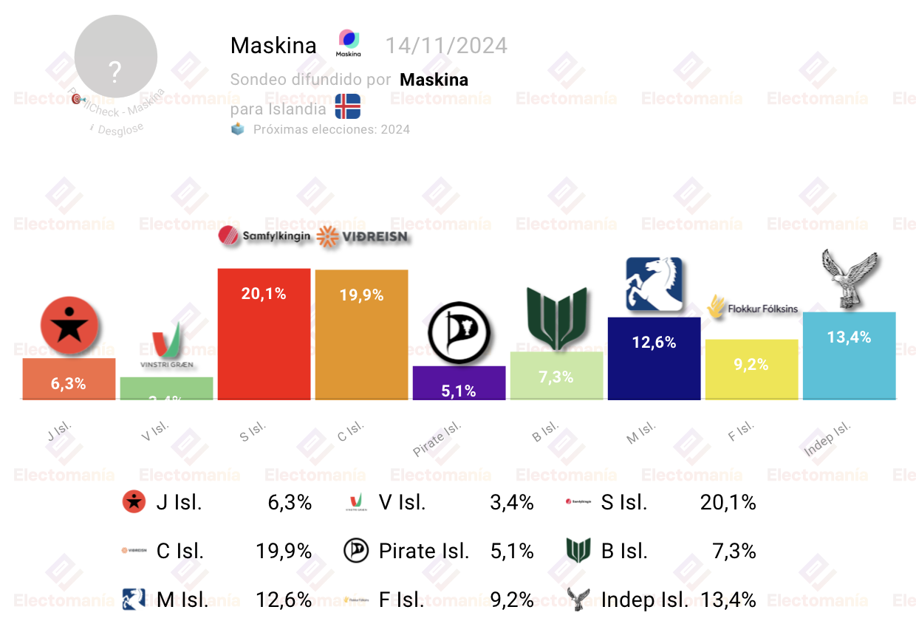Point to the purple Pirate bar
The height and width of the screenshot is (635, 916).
(x=459, y=383)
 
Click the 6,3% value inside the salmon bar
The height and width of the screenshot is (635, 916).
(x=69, y=383)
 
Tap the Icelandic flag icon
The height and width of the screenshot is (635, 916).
(x=347, y=106)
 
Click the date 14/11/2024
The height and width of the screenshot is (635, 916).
(x=446, y=46)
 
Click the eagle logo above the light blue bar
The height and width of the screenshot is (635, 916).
(x=850, y=279)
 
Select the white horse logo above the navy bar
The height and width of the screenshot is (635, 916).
(x=654, y=285)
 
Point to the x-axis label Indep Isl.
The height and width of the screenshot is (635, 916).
(x=827, y=439)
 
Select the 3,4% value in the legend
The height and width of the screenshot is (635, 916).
(x=511, y=503)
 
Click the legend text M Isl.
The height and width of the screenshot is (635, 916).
(x=182, y=600)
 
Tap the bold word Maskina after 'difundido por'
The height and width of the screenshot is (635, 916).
(x=434, y=79)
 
